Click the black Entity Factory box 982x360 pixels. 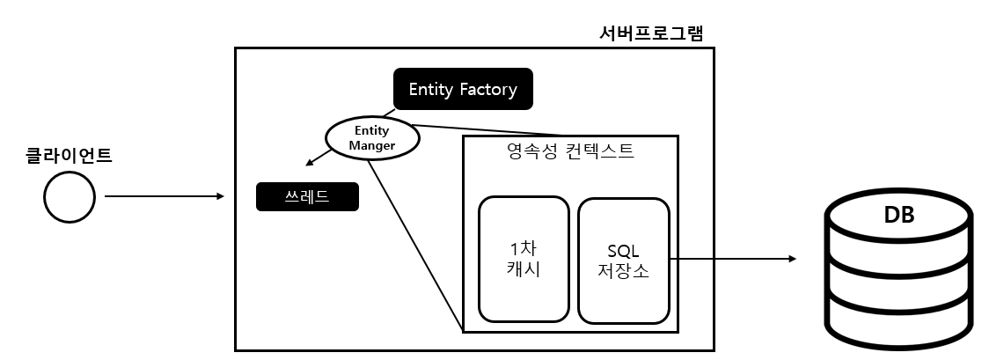(463, 89)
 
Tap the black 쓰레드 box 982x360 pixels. (307, 196)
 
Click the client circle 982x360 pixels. (70, 197)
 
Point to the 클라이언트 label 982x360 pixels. (70, 157)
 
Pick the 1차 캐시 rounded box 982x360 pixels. (523, 259)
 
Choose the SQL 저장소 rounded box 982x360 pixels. (623, 260)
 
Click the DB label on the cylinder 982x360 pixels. (898, 215)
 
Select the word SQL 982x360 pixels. (623, 250)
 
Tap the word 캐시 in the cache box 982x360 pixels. (523, 269)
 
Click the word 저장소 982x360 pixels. (623, 270)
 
